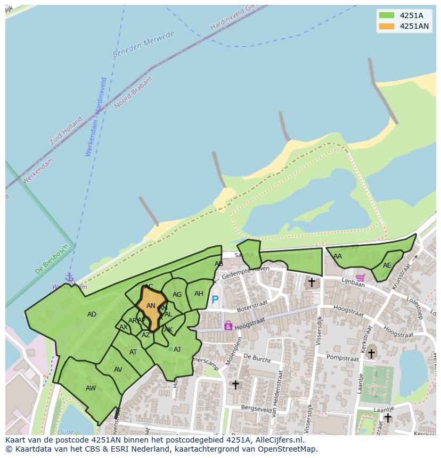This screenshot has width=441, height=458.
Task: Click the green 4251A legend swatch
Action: click(387, 15)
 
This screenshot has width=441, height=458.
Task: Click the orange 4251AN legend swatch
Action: click(387, 26)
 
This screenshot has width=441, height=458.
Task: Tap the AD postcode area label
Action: click(92, 314)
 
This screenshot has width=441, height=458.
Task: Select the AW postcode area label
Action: click(91, 388)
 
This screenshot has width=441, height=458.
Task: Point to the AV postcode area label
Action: click(118, 370)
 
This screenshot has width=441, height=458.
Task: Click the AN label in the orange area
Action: click(151, 306)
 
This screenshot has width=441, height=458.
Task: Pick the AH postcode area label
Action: click(199, 294)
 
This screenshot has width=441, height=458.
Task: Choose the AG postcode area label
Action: click(177, 295)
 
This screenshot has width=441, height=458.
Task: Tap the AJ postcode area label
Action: click(177, 349)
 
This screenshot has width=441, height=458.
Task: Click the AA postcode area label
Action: click(338, 256)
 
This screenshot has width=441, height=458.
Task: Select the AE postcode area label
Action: click(387, 265)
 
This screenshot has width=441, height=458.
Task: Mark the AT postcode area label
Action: click(133, 352)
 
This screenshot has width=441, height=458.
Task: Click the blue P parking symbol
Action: click(215, 300)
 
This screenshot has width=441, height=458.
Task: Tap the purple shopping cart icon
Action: click(361, 277)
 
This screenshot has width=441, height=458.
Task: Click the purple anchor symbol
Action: click(69, 277)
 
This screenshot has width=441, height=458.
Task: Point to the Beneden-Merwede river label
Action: click(143, 45)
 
